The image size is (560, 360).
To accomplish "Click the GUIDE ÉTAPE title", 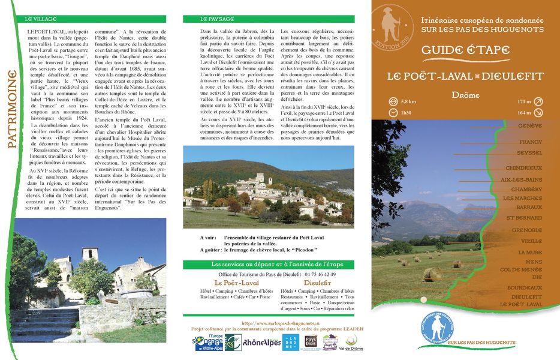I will [465, 50].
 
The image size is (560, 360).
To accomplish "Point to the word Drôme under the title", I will [465, 95].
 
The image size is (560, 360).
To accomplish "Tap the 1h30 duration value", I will [407, 112].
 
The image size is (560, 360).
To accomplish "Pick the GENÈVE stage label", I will [529, 125].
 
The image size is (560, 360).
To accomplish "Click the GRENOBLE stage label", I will [527, 230].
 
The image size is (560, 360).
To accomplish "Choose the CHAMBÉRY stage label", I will [526, 189].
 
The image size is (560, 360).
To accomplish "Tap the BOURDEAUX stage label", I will [524, 287].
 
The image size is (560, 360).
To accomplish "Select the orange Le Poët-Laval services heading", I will [236, 283].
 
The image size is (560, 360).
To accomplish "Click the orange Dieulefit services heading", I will [317, 283].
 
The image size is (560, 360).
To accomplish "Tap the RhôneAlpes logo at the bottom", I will [262, 343].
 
